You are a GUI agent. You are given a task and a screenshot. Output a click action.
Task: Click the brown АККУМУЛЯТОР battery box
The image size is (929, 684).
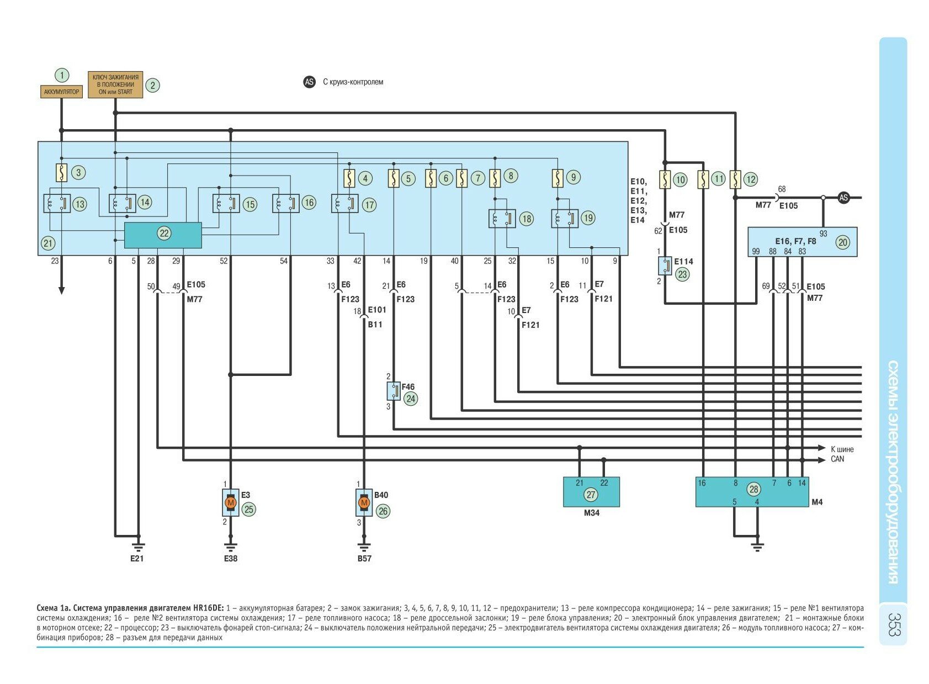click(x=61, y=92)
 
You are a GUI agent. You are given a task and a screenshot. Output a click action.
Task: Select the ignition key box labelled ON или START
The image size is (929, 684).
click(x=115, y=84)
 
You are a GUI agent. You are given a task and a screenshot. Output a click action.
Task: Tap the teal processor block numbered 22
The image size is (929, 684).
click(x=163, y=235)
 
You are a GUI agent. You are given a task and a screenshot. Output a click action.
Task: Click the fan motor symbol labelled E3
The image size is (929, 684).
click(x=231, y=503)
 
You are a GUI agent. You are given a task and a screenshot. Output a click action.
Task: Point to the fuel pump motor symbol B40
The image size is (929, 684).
click(x=364, y=503)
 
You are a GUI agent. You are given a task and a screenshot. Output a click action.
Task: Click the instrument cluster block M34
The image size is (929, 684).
click(x=591, y=491)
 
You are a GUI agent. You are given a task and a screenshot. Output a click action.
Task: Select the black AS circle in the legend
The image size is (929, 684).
click(x=309, y=82)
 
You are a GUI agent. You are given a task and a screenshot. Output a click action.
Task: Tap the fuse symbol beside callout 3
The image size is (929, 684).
click(x=62, y=173)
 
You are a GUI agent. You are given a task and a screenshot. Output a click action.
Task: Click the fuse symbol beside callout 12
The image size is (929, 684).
click(x=735, y=179)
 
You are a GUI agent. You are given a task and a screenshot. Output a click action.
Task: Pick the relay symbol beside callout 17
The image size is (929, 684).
click(x=344, y=204)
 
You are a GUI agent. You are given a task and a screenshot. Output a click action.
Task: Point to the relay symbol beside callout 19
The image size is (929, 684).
click(x=564, y=218)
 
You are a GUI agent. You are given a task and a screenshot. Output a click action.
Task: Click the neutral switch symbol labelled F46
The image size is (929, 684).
click(x=394, y=391)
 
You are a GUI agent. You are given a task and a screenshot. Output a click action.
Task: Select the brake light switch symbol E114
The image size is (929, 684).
click(x=665, y=266)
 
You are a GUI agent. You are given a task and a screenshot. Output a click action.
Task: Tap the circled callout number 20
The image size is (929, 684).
click(x=842, y=242)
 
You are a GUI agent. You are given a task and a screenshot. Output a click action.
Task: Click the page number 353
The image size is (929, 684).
click(x=894, y=624)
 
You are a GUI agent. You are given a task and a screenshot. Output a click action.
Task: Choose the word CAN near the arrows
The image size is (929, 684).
click(x=837, y=459)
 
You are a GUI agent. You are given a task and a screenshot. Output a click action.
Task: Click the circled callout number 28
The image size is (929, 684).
click(x=753, y=489)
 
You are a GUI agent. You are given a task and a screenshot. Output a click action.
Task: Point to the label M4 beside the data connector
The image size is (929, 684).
click(x=817, y=502)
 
